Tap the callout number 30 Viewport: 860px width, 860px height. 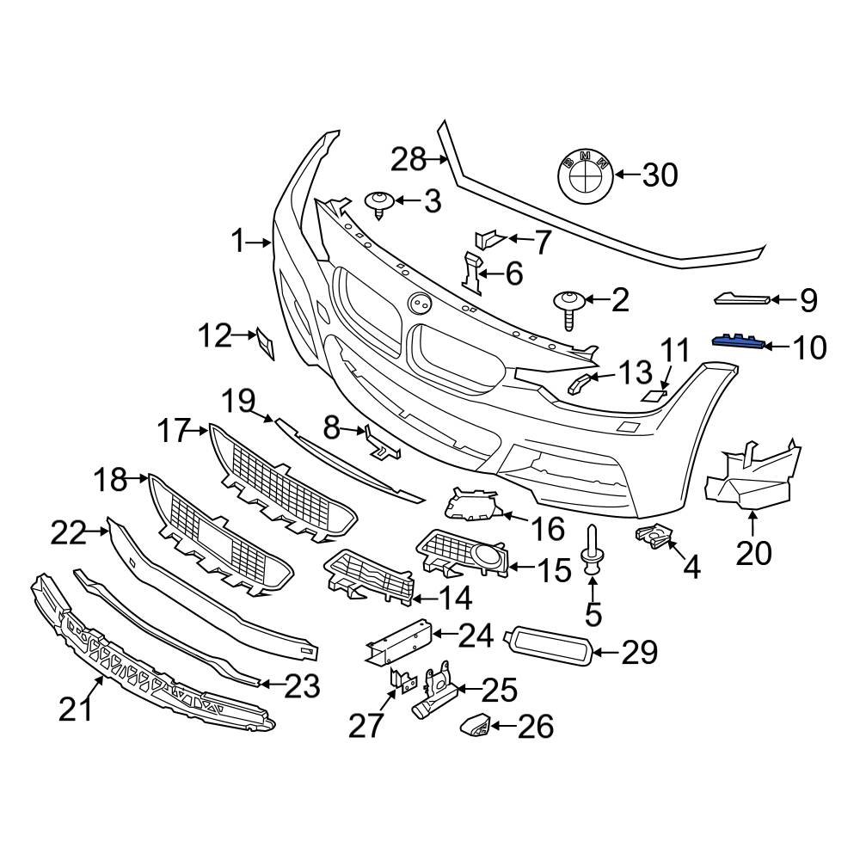click(659, 175)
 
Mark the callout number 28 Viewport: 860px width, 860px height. click(408, 159)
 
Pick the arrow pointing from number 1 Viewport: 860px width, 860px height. click(261, 243)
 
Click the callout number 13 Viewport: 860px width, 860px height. click(636, 373)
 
